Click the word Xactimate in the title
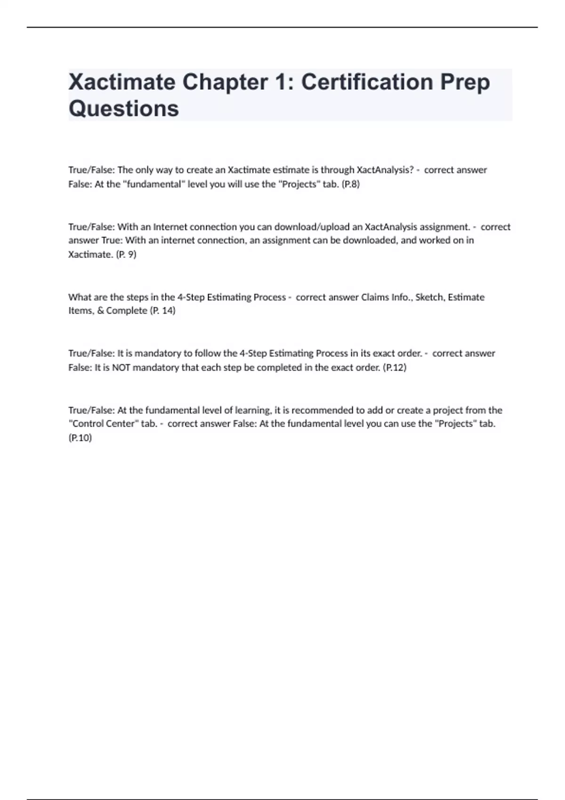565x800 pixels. point(122,82)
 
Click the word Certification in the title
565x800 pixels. point(367,82)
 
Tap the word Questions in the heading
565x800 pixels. point(124,109)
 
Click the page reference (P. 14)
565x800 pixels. point(162,311)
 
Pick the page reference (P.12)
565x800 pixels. point(395,367)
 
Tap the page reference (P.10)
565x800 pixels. point(80,438)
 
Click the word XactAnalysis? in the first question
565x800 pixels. point(385,170)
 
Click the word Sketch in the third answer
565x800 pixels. point(429,297)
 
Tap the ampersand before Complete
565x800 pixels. point(100,311)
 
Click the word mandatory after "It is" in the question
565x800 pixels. point(157,353)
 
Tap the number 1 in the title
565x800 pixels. point(280,82)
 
